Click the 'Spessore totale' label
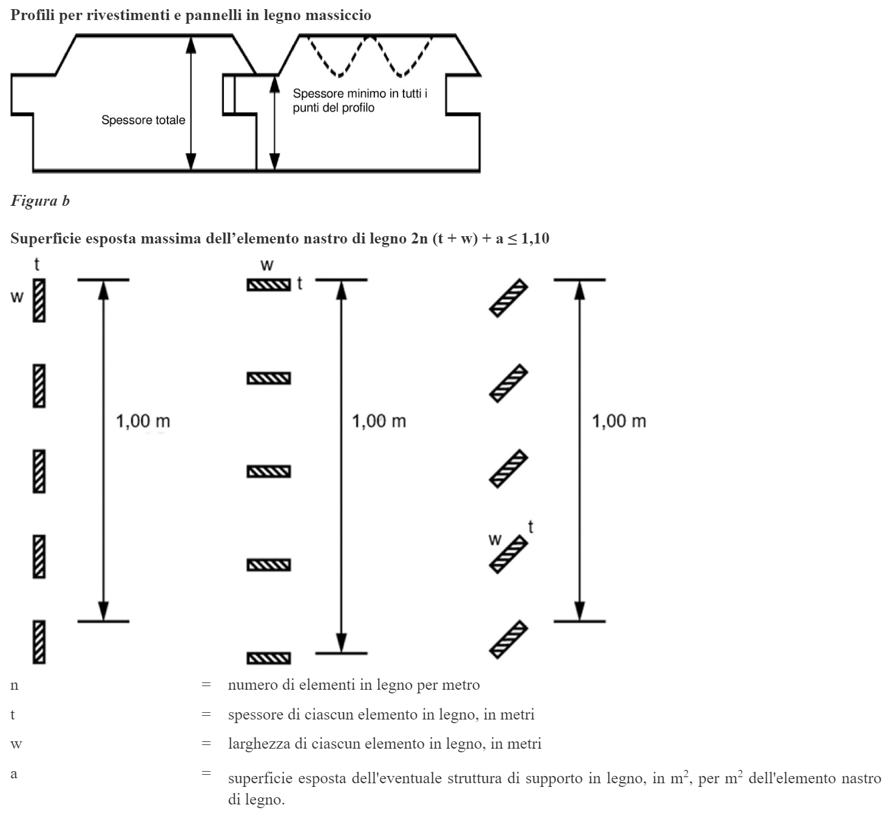(143, 120)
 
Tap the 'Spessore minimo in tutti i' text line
(360, 94)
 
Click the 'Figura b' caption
(40, 201)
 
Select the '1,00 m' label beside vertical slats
(143, 421)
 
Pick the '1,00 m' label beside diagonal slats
(618, 421)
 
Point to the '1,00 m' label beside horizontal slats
(379, 421)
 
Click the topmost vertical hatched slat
(39, 300)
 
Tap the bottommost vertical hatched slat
(39, 642)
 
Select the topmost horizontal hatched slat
(268, 285)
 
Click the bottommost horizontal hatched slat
(268, 658)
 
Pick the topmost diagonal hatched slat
(509, 298)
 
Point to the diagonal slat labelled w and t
(509, 554)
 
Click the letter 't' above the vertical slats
(37, 265)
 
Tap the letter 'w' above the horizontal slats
(266, 265)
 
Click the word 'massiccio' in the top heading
(338, 15)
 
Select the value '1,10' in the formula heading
(535, 239)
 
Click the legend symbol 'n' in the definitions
(15, 685)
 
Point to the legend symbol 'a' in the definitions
(14, 774)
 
